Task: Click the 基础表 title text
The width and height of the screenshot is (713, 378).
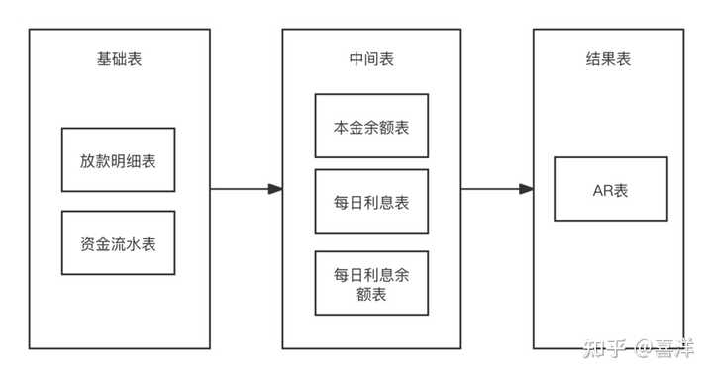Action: tap(118, 59)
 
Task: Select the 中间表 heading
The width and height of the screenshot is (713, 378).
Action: tap(371, 59)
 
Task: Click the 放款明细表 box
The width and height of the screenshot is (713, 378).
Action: tap(118, 159)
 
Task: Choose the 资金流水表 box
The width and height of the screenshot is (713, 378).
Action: tap(118, 242)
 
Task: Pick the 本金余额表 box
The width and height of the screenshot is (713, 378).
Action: tap(371, 126)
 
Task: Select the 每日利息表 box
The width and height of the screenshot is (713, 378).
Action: tap(371, 202)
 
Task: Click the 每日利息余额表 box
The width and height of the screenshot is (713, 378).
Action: tap(371, 283)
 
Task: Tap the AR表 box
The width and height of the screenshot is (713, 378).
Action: tap(603, 189)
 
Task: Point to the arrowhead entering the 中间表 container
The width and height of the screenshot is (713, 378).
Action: tap(275, 189)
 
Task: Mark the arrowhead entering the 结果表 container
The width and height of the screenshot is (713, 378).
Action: tap(527, 189)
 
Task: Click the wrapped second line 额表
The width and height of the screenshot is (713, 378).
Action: tap(371, 294)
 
